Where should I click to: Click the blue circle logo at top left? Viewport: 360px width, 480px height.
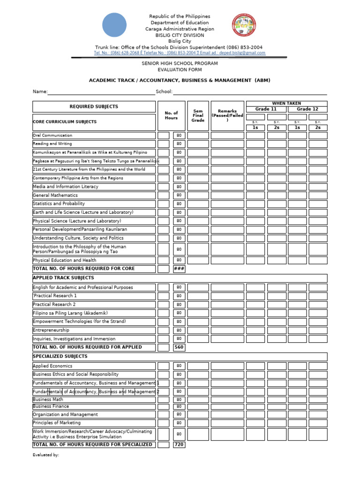pyautogui.click(x=114, y=25)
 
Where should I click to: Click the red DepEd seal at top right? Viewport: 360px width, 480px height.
pyautogui.click(x=244, y=25)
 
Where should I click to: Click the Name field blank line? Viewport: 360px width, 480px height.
pyautogui.click(x=101, y=92)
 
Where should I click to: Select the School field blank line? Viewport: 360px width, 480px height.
pyautogui.click(x=250, y=92)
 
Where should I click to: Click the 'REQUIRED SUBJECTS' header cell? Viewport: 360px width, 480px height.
pyautogui.click(x=94, y=106)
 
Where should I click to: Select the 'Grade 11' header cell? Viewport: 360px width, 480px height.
pyautogui.click(x=266, y=109)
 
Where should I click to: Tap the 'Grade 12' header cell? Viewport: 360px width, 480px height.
pyautogui.click(x=307, y=109)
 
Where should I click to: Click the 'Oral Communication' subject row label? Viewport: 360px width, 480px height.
pyautogui.click(x=52, y=135)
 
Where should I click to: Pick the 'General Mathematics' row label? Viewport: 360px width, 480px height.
pyautogui.click(x=55, y=195)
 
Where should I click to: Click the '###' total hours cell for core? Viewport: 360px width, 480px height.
pyautogui.click(x=179, y=269)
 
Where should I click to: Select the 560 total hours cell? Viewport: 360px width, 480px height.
pyautogui.click(x=179, y=347)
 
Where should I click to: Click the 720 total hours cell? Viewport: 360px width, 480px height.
pyautogui.click(x=179, y=444)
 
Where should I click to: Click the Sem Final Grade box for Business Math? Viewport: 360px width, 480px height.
pyautogui.click(x=198, y=400)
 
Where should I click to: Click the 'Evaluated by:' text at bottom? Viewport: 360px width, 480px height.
pyautogui.click(x=46, y=455)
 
